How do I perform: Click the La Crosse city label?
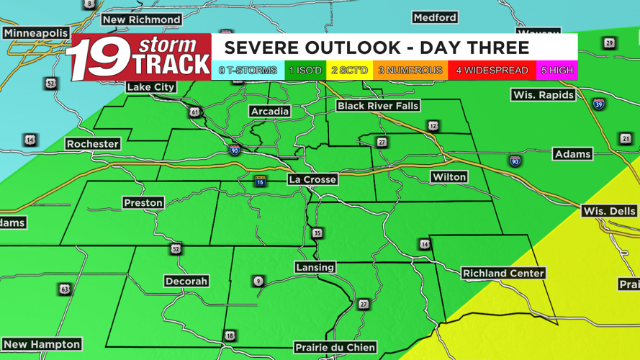click(312, 179)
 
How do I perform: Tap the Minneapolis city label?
click(35, 33)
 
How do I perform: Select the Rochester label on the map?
click(92, 144)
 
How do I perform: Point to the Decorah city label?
click(186, 281)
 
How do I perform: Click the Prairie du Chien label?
click(335, 347)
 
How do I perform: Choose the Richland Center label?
click(503, 273)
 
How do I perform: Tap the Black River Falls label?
click(378, 106)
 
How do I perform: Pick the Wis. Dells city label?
click(609, 211)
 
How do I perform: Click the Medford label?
click(435, 17)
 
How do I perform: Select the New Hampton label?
click(42, 344)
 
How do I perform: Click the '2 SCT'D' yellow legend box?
click(349, 71)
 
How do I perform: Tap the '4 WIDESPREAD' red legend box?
click(492, 71)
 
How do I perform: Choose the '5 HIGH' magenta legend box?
click(557, 71)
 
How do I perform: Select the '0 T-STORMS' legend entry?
click(248, 71)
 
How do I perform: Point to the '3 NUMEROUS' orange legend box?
click(410, 71)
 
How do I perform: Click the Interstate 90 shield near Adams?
click(515, 161)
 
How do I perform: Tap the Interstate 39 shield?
click(598, 104)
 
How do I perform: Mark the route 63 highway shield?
click(65, 289)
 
